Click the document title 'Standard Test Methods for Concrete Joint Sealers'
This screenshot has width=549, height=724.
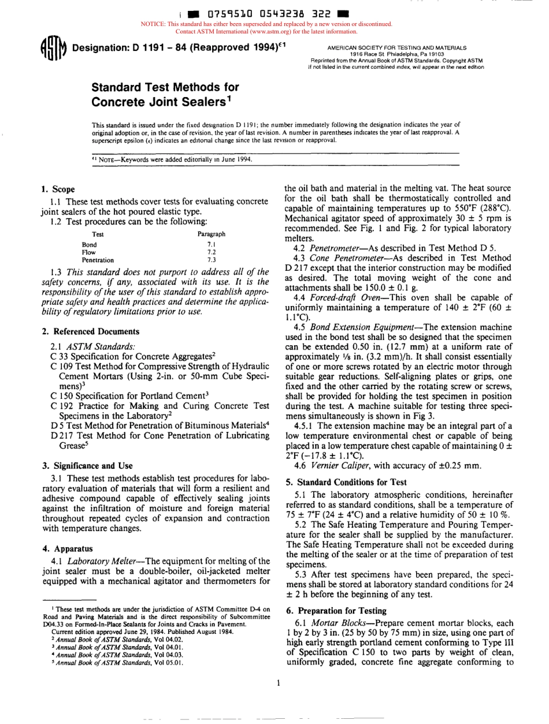tap(165, 94)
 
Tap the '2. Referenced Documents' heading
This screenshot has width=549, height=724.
tap(90, 331)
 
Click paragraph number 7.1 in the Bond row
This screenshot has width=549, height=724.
tap(211, 244)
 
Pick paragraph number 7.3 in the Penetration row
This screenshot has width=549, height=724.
tap(211, 260)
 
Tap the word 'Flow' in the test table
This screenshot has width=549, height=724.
tap(88, 252)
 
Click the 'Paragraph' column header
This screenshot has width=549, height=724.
tap(212, 234)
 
